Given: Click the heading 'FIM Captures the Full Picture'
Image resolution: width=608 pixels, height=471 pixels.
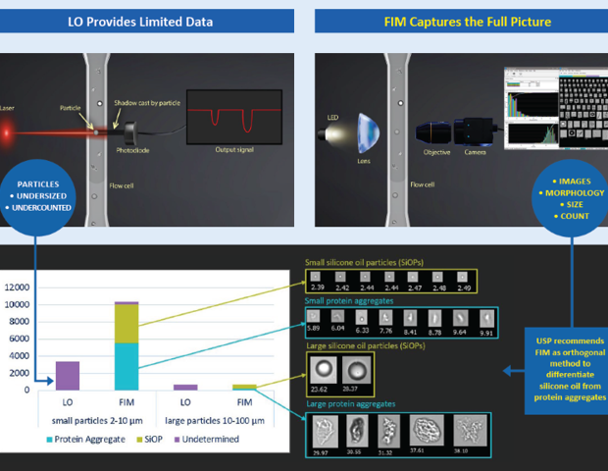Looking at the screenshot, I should pos(458,20).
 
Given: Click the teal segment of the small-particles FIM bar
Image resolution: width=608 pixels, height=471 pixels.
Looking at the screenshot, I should pos(127,366).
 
